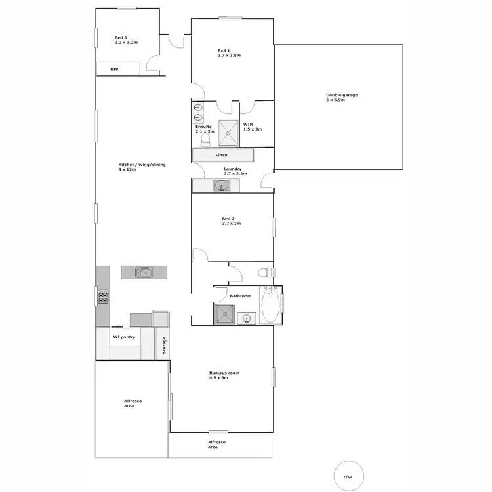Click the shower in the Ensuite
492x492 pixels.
click(x=228, y=132)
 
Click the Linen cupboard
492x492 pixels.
click(x=222, y=155)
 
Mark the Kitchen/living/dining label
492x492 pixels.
click(x=142, y=167)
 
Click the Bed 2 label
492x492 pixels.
click(x=232, y=220)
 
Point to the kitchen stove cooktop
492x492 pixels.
click(x=102, y=298)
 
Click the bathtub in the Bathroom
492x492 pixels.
click(x=269, y=306)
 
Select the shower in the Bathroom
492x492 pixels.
click(x=225, y=315)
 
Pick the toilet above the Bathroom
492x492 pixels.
click(x=265, y=273)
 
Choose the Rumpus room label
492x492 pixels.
click(x=224, y=375)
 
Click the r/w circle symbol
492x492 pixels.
click(x=347, y=477)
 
